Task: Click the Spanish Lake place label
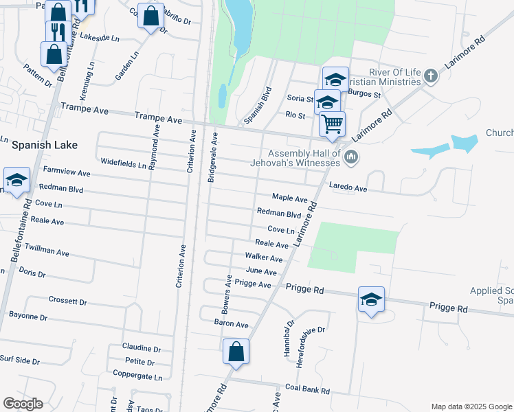45,146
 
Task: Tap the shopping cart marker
332,124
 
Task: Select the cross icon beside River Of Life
432,76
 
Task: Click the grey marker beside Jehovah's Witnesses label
351,158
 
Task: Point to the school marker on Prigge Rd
371,299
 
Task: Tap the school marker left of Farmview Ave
16,181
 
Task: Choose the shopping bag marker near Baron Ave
236,352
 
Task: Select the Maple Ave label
289,198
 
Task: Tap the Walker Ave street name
264,257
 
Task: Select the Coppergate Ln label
139,377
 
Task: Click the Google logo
23,404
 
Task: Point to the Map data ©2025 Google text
471,407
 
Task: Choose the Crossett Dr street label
68,301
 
